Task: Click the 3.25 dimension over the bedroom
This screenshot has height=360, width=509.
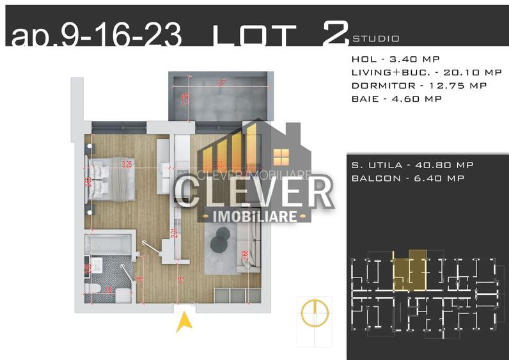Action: tap(127, 164)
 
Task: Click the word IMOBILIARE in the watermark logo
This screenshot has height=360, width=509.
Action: tap(256, 216)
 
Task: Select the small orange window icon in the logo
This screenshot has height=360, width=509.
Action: tap(280, 156)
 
